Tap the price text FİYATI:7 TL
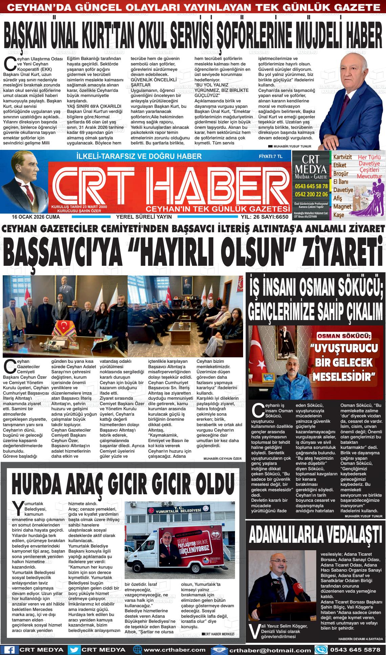click(x=270, y=156)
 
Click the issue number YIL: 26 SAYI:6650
click(x=264, y=217)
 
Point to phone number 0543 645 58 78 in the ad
click(x=311, y=186)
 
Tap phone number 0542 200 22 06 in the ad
click(x=311, y=194)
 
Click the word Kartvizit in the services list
click(x=342, y=157)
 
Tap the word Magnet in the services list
click(x=342, y=206)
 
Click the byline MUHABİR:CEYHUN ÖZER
click(x=222, y=459)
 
